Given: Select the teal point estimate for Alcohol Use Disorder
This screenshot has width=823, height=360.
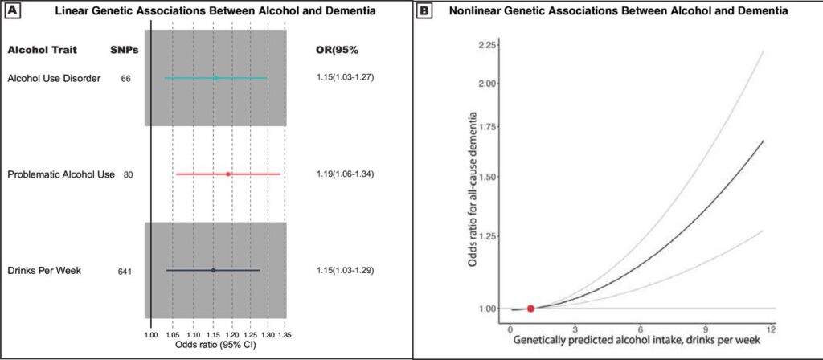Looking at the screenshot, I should [x=215, y=78].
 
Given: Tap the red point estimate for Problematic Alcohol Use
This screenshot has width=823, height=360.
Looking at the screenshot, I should [x=228, y=174].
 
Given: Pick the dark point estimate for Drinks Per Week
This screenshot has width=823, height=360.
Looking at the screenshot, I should [x=213, y=270].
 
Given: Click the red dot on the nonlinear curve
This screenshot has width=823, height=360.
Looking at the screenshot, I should [x=530, y=309].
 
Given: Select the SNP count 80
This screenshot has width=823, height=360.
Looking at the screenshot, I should [x=128, y=174].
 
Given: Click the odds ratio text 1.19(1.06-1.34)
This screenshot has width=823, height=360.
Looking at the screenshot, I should [x=346, y=174].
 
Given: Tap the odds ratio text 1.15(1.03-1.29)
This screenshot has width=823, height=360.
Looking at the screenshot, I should [x=346, y=271].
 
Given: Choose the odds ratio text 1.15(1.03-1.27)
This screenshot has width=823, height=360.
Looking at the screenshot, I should [x=346, y=78].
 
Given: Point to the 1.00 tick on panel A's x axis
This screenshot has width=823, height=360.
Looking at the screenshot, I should [x=151, y=332].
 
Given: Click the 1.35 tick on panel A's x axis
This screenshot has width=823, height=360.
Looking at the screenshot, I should [x=285, y=332].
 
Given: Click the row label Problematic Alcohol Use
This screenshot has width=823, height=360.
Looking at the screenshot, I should [x=60, y=174].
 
